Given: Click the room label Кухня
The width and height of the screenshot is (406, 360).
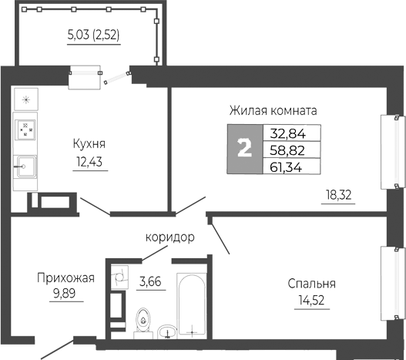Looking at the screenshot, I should click(90, 143).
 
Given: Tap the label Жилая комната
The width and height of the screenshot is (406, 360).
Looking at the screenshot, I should click(273, 110).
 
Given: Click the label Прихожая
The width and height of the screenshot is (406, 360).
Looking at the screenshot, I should click(65, 278).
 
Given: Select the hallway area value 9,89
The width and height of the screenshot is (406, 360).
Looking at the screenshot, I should click(65, 294).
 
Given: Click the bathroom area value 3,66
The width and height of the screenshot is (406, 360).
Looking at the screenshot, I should click(150, 281).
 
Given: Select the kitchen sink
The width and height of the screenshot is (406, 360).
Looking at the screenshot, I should click(25, 166).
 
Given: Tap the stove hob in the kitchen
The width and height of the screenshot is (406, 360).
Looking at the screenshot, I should click(25, 129).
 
